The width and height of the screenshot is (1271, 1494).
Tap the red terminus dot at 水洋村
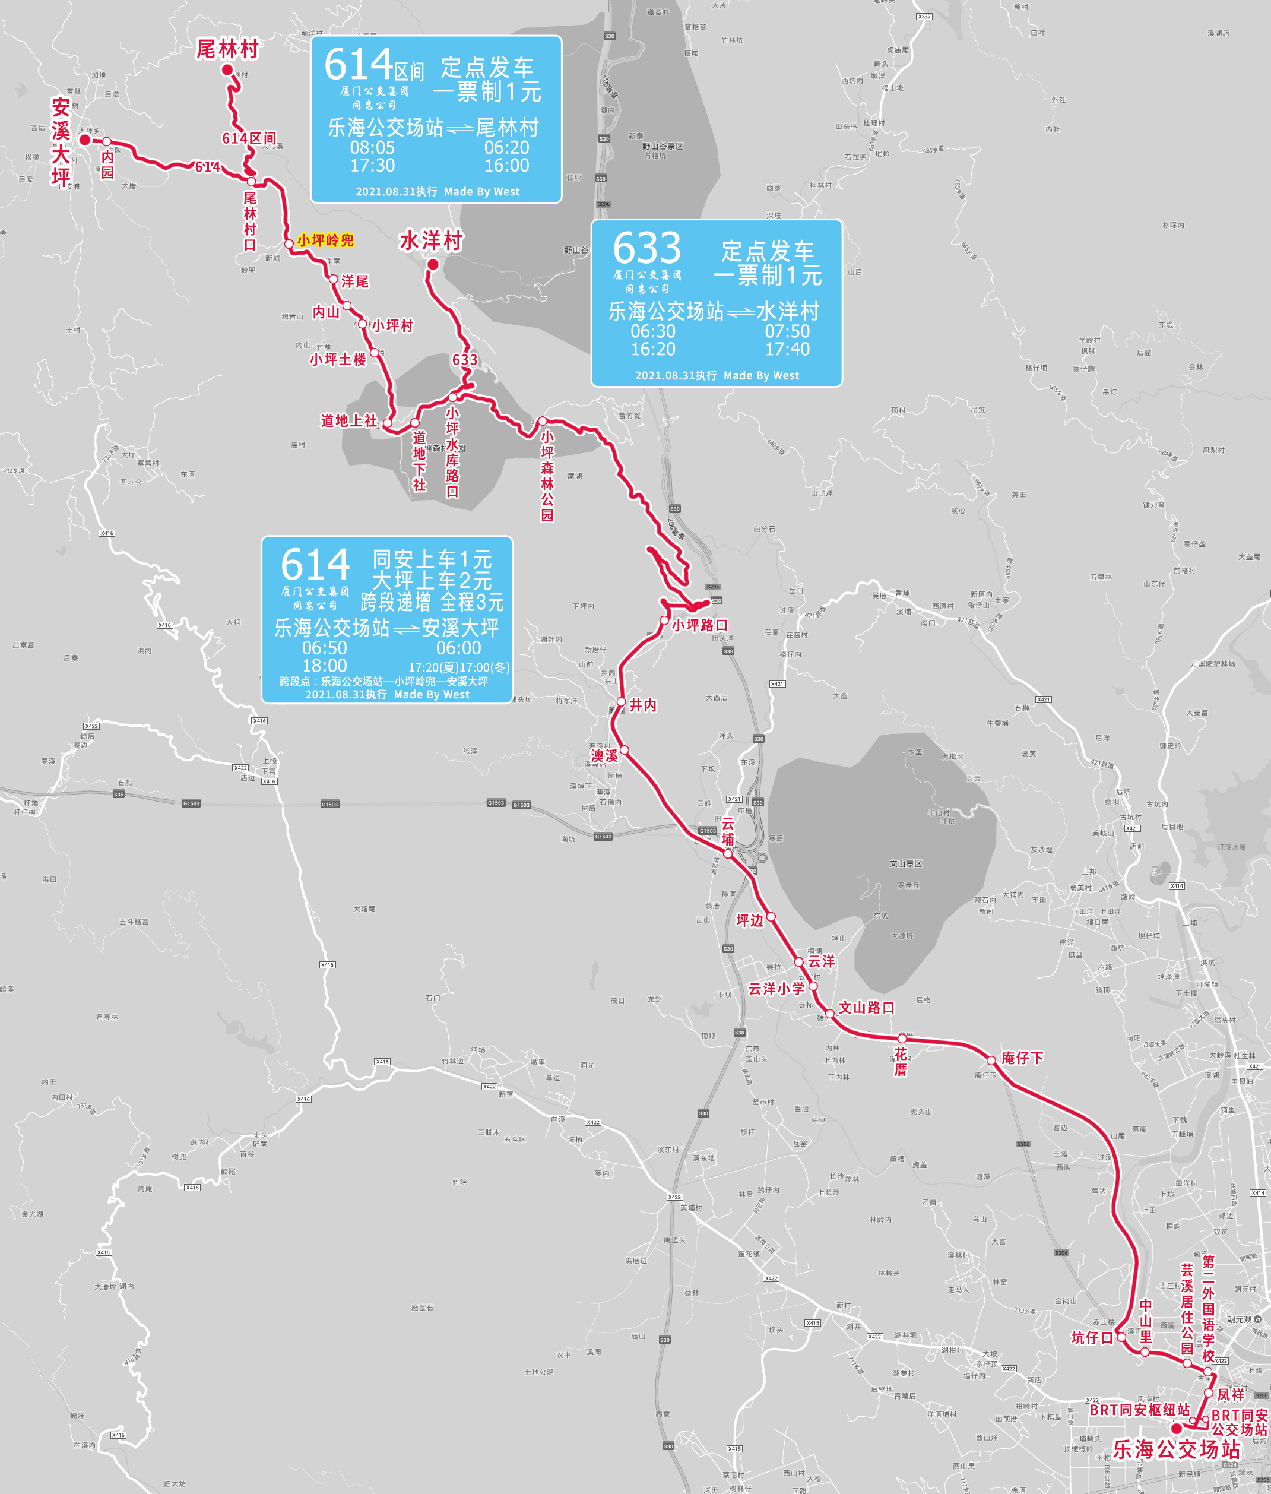click(433, 264)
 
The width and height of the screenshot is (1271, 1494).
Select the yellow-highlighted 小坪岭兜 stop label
click(325, 240)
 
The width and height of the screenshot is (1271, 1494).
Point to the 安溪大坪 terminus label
click(61, 142)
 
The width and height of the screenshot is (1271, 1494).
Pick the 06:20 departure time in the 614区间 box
click(506, 148)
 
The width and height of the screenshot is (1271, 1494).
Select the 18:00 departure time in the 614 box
click(324, 666)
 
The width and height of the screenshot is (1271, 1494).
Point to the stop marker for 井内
click(621, 702)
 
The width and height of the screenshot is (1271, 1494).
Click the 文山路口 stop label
click(866, 1008)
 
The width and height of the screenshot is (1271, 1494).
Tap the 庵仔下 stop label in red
click(1022, 1058)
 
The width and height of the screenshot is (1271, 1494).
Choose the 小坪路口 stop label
click(700, 625)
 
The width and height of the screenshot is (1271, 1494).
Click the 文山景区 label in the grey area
click(905, 863)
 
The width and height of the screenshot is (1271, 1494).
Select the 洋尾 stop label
click(354, 281)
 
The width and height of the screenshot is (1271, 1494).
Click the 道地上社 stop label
click(348, 420)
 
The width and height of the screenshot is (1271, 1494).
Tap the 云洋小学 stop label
click(776, 989)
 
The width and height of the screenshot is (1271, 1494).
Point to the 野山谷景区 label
click(663, 146)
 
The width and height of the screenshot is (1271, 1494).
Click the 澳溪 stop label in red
click(604, 755)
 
